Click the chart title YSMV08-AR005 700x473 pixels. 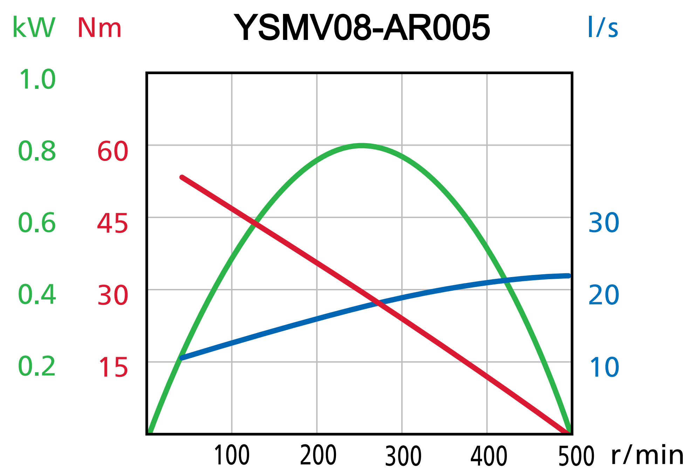coord(362,28)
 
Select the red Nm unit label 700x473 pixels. coord(99,28)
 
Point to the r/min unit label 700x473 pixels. coord(647,455)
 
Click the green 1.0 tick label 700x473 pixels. coord(37,79)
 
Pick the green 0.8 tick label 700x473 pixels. coord(37,151)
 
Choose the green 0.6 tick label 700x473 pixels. coord(37,223)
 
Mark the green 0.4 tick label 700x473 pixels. coord(37,295)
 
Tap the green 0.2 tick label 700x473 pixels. coord(37,367)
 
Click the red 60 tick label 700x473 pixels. coord(112,152)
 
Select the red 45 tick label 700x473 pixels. coord(112,224)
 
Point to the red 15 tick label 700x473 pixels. coord(112,368)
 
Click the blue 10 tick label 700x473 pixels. coord(604,367)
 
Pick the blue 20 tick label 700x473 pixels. coord(604,295)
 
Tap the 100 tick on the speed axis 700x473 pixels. coord(232,456)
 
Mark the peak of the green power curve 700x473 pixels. coord(362,146)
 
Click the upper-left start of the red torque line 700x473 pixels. coord(182,177)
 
